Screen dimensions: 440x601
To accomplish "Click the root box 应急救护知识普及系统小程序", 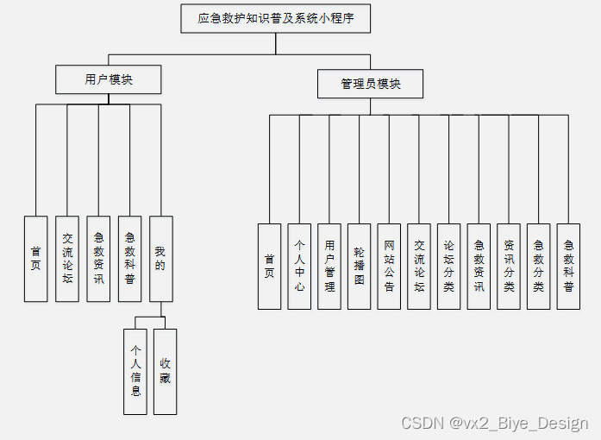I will (x=275, y=18).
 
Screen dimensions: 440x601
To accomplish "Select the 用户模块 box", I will (x=109, y=80).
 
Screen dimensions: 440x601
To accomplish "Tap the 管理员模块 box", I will (x=370, y=84).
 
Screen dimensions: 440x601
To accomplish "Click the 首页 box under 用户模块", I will (x=35, y=258).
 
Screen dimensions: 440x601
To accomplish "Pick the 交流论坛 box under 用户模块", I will (x=67, y=258).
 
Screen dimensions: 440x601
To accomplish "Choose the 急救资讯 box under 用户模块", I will (x=98, y=258).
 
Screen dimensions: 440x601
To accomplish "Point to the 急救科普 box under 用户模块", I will (x=129, y=258).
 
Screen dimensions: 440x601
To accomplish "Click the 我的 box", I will (x=160, y=258).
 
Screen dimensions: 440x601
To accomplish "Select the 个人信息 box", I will (x=135, y=371).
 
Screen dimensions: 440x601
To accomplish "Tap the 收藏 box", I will (x=165, y=371).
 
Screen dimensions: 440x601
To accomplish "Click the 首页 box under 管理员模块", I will (x=269, y=266).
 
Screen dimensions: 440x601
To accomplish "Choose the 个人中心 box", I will (x=299, y=266).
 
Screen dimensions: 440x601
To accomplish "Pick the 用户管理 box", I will (x=329, y=266).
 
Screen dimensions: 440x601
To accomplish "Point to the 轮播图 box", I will (x=359, y=266).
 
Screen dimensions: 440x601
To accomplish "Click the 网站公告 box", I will (x=389, y=266).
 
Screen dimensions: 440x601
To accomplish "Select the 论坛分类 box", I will (x=448, y=266).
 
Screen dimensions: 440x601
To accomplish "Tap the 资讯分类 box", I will (x=509, y=266).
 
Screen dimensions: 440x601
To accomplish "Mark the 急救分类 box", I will (x=538, y=266).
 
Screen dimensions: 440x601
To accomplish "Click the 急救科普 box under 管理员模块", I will (x=568, y=266).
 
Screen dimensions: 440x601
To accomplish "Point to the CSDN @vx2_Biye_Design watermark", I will (x=494, y=423).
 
